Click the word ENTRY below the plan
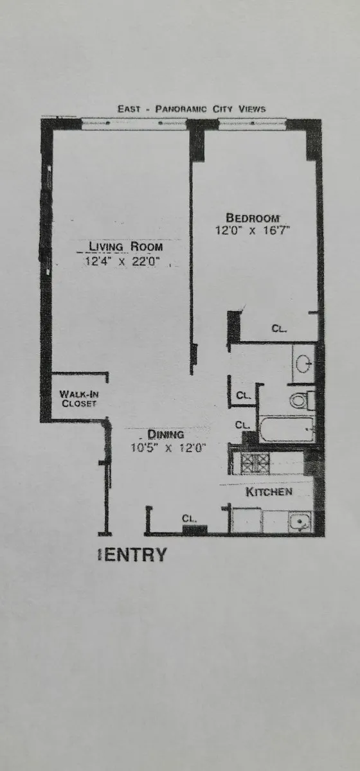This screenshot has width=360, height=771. click(x=135, y=554)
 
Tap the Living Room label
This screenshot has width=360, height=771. click(x=125, y=247)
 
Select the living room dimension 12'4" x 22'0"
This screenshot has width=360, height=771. click(x=122, y=261)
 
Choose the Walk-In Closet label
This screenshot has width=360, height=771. click(x=78, y=398)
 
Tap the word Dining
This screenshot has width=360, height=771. click(x=166, y=434)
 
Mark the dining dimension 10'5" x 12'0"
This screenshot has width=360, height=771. click(x=168, y=448)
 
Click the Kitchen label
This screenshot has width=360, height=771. click(x=269, y=492)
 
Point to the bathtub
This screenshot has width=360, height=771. click(x=287, y=429)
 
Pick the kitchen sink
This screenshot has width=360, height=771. click(x=299, y=521)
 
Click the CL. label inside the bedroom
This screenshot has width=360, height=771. click(x=278, y=328)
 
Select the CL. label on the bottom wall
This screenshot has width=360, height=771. click(x=189, y=518)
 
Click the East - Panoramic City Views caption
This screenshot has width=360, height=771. click(x=191, y=109)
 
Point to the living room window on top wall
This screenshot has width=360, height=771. click(x=135, y=125)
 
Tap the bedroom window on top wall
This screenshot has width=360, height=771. click(x=252, y=125)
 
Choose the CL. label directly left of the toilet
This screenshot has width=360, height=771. click(x=243, y=395)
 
